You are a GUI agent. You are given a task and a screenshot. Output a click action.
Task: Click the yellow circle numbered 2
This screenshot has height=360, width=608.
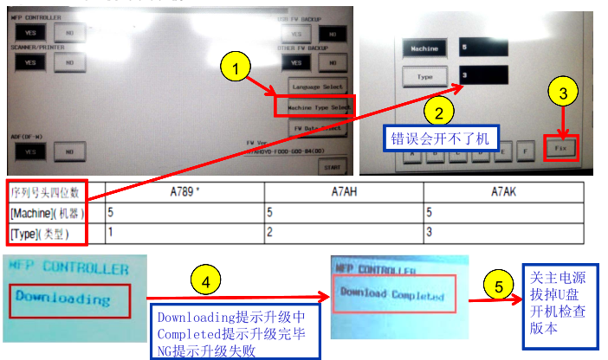coord(439,112)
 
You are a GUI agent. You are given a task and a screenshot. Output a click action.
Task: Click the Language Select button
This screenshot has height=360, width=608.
coord(318,87)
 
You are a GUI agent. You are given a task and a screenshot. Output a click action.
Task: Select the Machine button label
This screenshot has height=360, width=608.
coord(424,48)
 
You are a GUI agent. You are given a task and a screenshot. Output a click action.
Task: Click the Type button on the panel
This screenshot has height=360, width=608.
coord(424,77)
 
